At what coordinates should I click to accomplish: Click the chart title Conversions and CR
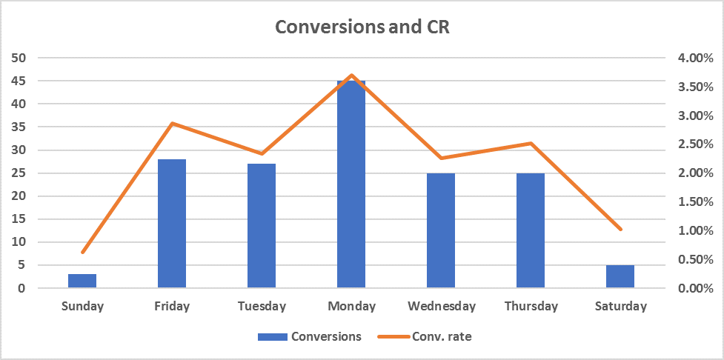click(x=362, y=27)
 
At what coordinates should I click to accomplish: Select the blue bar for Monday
click(x=351, y=185)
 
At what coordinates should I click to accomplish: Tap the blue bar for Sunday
click(x=82, y=281)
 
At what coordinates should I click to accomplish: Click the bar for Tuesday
click(x=262, y=226)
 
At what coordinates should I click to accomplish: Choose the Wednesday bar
click(x=441, y=230)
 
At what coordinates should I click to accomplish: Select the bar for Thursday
click(x=531, y=230)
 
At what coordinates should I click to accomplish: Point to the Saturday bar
click(x=620, y=276)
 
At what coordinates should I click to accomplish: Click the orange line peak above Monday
click(x=351, y=75)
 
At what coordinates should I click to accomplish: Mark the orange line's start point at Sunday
click(x=83, y=253)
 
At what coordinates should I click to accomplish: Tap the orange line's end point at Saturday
click(x=620, y=230)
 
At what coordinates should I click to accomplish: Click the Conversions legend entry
click(x=310, y=336)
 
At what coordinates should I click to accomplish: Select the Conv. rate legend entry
click(x=425, y=336)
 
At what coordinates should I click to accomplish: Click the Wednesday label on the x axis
click(x=441, y=306)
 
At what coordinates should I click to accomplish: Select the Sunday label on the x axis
click(x=82, y=306)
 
